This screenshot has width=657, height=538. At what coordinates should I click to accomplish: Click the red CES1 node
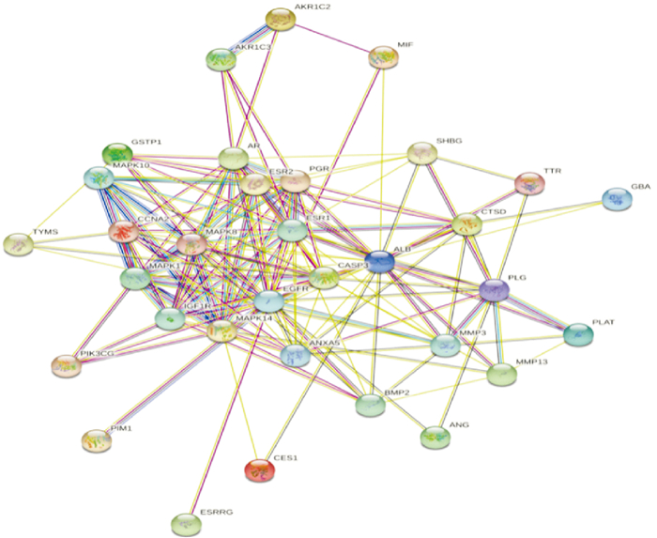tap(259, 470)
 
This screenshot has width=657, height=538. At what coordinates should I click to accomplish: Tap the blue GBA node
tap(616, 199)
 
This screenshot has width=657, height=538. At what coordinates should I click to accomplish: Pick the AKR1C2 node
tap(280, 19)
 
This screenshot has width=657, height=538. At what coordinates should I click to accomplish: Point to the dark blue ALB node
tap(379, 262)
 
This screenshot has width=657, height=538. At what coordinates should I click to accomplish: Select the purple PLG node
tap(494, 291)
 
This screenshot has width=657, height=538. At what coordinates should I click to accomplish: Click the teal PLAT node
tap(578, 333)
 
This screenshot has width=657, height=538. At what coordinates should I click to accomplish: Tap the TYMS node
tap(19, 244)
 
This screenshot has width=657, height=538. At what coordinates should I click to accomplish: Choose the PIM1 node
tap(95, 439)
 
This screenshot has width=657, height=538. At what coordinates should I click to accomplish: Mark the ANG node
tap(435, 437)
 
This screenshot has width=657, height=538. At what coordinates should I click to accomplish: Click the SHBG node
tap(422, 153)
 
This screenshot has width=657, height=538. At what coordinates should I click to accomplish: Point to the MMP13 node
tap(502, 375)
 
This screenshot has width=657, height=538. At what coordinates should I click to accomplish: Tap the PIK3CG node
tap(65, 365)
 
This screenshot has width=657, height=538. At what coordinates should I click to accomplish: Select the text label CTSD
tap(493, 213)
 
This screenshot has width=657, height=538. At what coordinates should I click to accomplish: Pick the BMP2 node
tap(371, 406)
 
